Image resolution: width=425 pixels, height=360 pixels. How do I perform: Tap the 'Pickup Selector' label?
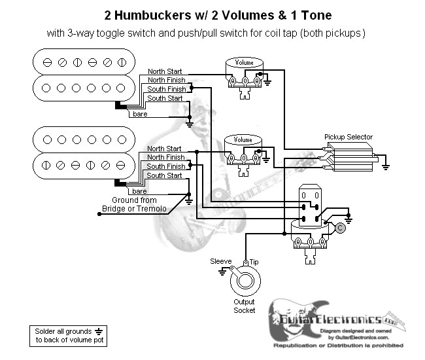[x=348, y=137]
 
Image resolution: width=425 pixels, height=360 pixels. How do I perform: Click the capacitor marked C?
[x=340, y=226]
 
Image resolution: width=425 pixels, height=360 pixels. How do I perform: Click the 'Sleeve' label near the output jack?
[x=221, y=261]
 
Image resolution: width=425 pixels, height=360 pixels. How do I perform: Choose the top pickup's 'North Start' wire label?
[x=165, y=71]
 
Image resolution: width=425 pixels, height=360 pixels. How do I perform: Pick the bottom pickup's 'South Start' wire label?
[x=165, y=175]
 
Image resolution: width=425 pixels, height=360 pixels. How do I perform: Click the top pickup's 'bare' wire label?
[x=140, y=114]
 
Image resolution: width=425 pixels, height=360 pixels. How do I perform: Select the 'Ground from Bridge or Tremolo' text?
[x=134, y=204]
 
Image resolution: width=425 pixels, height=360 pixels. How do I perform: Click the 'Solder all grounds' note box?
[x=67, y=336]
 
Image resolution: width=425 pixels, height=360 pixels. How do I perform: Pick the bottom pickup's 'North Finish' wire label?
[x=166, y=158]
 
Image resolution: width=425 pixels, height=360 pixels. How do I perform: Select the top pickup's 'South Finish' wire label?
[x=165, y=89]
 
